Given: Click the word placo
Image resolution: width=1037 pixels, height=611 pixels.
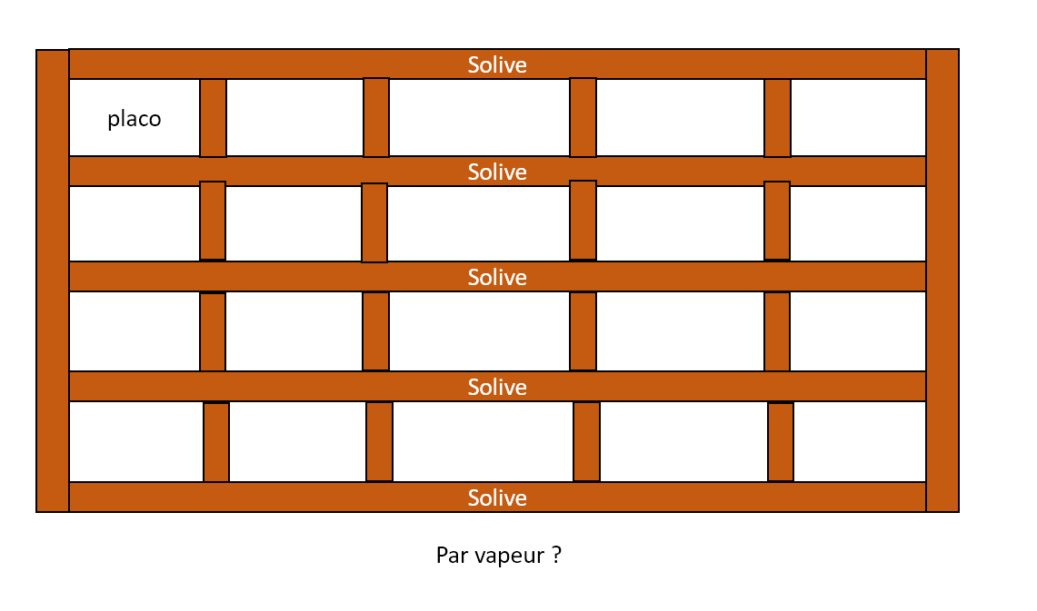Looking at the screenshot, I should pyautogui.click(x=135, y=119).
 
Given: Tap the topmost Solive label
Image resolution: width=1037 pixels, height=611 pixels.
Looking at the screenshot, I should pyautogui.click(x=497, y=64).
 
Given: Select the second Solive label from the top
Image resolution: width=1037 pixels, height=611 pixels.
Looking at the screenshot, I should pyautogui.click(x=497, y=172).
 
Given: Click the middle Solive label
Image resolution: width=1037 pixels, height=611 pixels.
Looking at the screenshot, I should pyautogui.click(x=497, y=277).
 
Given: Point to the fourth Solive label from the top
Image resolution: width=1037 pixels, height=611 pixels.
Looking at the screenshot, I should pyautogui.click(x=497, y=387).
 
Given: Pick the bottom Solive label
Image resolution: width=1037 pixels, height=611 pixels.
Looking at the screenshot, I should pyautogui.click(x=497, y=498).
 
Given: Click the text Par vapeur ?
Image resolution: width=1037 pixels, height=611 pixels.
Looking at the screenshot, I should pyautogui.click(x=498, y=555).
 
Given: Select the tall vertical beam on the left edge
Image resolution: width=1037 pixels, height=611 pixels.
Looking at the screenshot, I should pyautogui.click(x=53, y=281).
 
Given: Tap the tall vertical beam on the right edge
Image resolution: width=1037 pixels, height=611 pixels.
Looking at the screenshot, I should pyautogui.click(x=942, y=281).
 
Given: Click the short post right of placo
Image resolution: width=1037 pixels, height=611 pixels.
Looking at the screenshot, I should pyautogui.click(x=213, y=118).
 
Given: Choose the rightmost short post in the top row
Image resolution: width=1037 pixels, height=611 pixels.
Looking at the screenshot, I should pyautogui.click(x=777, y=118).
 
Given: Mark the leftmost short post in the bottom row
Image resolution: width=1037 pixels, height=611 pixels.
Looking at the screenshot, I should pyautogui.click(x=216, y=442).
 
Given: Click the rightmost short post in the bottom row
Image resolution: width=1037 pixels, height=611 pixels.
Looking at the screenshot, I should pyautogui.click(x=781, y=442).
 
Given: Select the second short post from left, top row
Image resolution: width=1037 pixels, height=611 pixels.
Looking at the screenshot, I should pyautogui.click(x=376, y=118).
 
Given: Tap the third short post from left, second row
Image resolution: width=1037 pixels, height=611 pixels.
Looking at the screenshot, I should pyautogui.click(x=583, y=221).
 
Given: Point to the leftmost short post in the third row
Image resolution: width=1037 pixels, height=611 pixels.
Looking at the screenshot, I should pyautogui.click(x=213, y=331).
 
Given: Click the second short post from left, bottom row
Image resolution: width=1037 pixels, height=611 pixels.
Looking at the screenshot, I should pyautogui.click(x=379, y=442).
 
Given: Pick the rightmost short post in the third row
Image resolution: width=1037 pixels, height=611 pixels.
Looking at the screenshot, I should pyautogui.click(x=777, y=331).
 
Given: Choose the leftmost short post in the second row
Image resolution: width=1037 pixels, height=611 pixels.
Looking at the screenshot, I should pyautogui.click(x=213, y=221).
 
